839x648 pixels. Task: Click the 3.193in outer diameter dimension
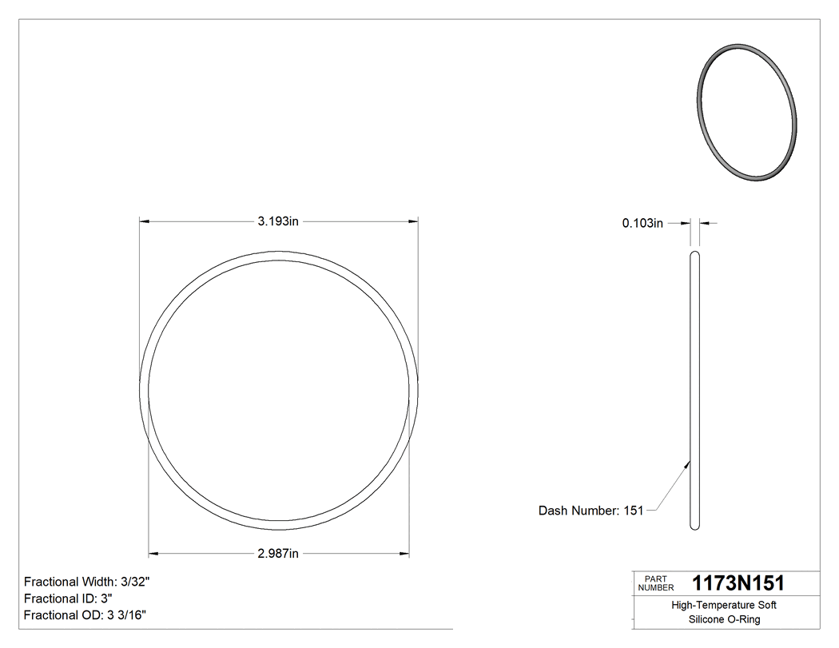pyautogui.click(x=278, y=221)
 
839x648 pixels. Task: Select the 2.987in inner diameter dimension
pyautogui.click(x=278, y=553)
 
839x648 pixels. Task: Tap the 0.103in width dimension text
pyautogui.click(x=642, y=224)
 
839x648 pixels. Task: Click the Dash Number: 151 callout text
pyautogui.click(x=590, y=511)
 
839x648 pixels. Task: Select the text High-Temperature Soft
pyautogui.click(x=724, y=606)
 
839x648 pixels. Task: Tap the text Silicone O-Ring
pyautogui.click(x=724, y=619)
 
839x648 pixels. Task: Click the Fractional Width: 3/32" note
pyautogui.click(x=87, y=582)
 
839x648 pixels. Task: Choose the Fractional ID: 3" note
pyautogui.click(x=68, y=598)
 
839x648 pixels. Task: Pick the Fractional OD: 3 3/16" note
pyautogui.click(x=85, y=615)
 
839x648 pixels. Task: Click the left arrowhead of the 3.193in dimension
pyautogui.click(x=145, y=221)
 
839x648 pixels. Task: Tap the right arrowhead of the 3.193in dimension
pyautogui.click(x=414, y=221)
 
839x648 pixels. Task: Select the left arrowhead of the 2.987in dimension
pyautogui.click(x=154, y=553)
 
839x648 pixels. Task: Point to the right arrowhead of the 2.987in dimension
pyautogui.click(x=404, y=553)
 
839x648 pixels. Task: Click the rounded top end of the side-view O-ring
pyautogui.click(x=694, y=255)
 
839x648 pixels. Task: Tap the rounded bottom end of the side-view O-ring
pyautogui.click(x=694, y=525)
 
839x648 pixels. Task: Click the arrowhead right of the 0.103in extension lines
pyautogui.click(x=704, y=224)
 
